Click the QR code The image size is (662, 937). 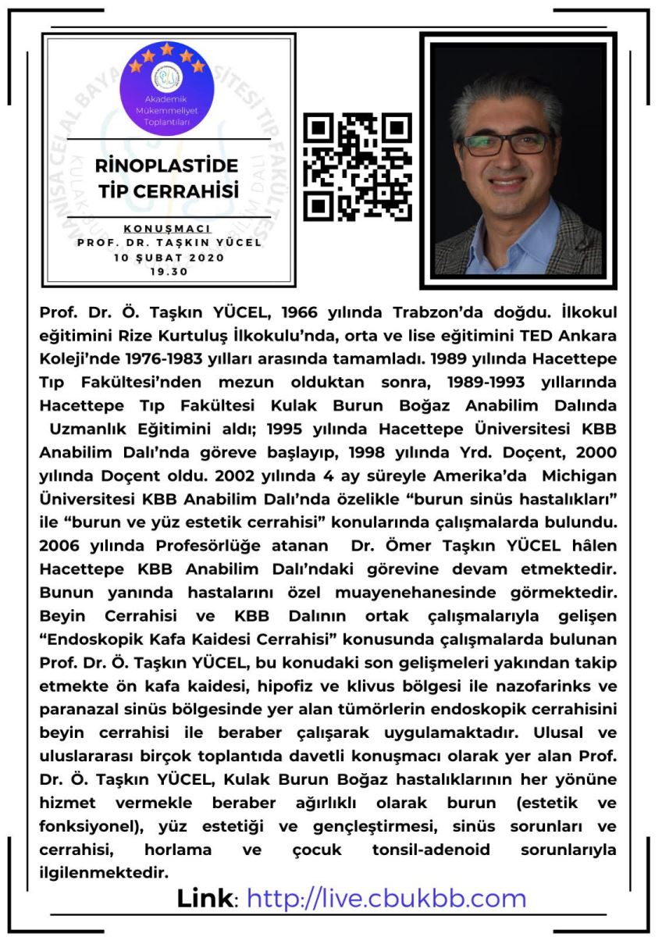357,167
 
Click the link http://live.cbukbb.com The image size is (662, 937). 386,898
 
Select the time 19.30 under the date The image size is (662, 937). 169,273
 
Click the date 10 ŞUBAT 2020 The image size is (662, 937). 169,258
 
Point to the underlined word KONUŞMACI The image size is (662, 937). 168,228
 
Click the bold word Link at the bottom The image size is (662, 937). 205,898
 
